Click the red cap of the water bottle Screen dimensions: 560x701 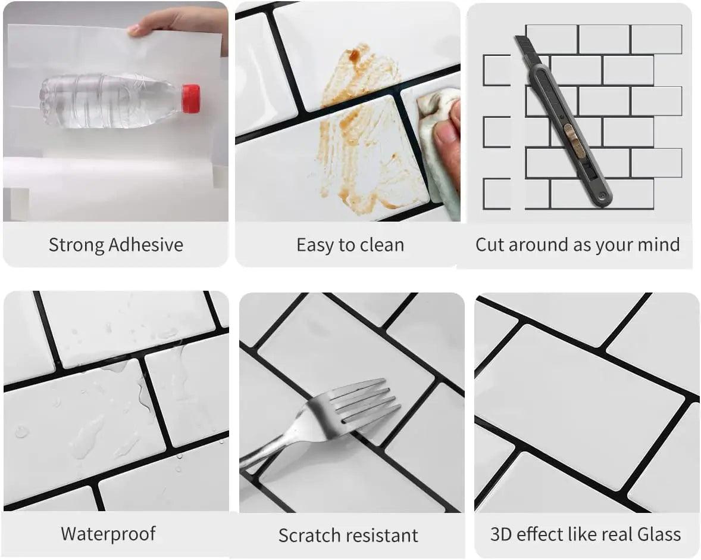(190, 99)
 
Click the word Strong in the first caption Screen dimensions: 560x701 (77, 245)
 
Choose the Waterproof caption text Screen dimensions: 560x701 (108, 533)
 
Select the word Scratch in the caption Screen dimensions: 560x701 (308, 535)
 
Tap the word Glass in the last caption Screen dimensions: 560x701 (659, 534)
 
